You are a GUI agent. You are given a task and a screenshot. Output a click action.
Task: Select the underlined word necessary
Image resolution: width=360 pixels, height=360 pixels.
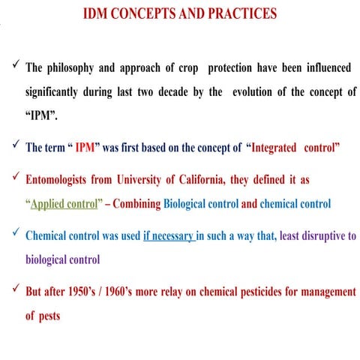click(174, 236)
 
